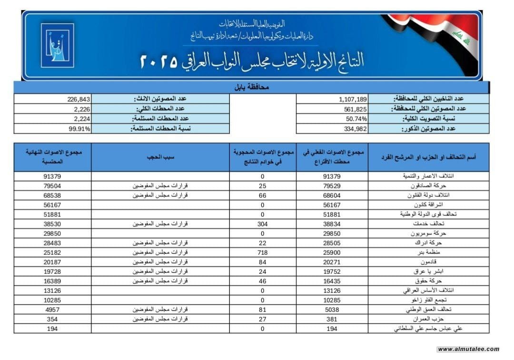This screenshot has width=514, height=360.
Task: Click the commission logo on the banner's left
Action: click(57, 45)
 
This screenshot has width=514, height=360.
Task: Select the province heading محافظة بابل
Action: click(252, 88)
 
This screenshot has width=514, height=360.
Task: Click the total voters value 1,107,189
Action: click(353, 99)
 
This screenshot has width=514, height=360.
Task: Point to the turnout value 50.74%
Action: click(353, 118)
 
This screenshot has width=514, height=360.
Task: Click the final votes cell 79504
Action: click(53, 185)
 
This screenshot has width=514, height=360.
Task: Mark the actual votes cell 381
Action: click(332, 319)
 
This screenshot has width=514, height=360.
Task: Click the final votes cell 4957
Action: click(53, 309)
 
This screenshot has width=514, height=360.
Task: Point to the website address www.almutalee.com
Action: click(468, 349)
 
